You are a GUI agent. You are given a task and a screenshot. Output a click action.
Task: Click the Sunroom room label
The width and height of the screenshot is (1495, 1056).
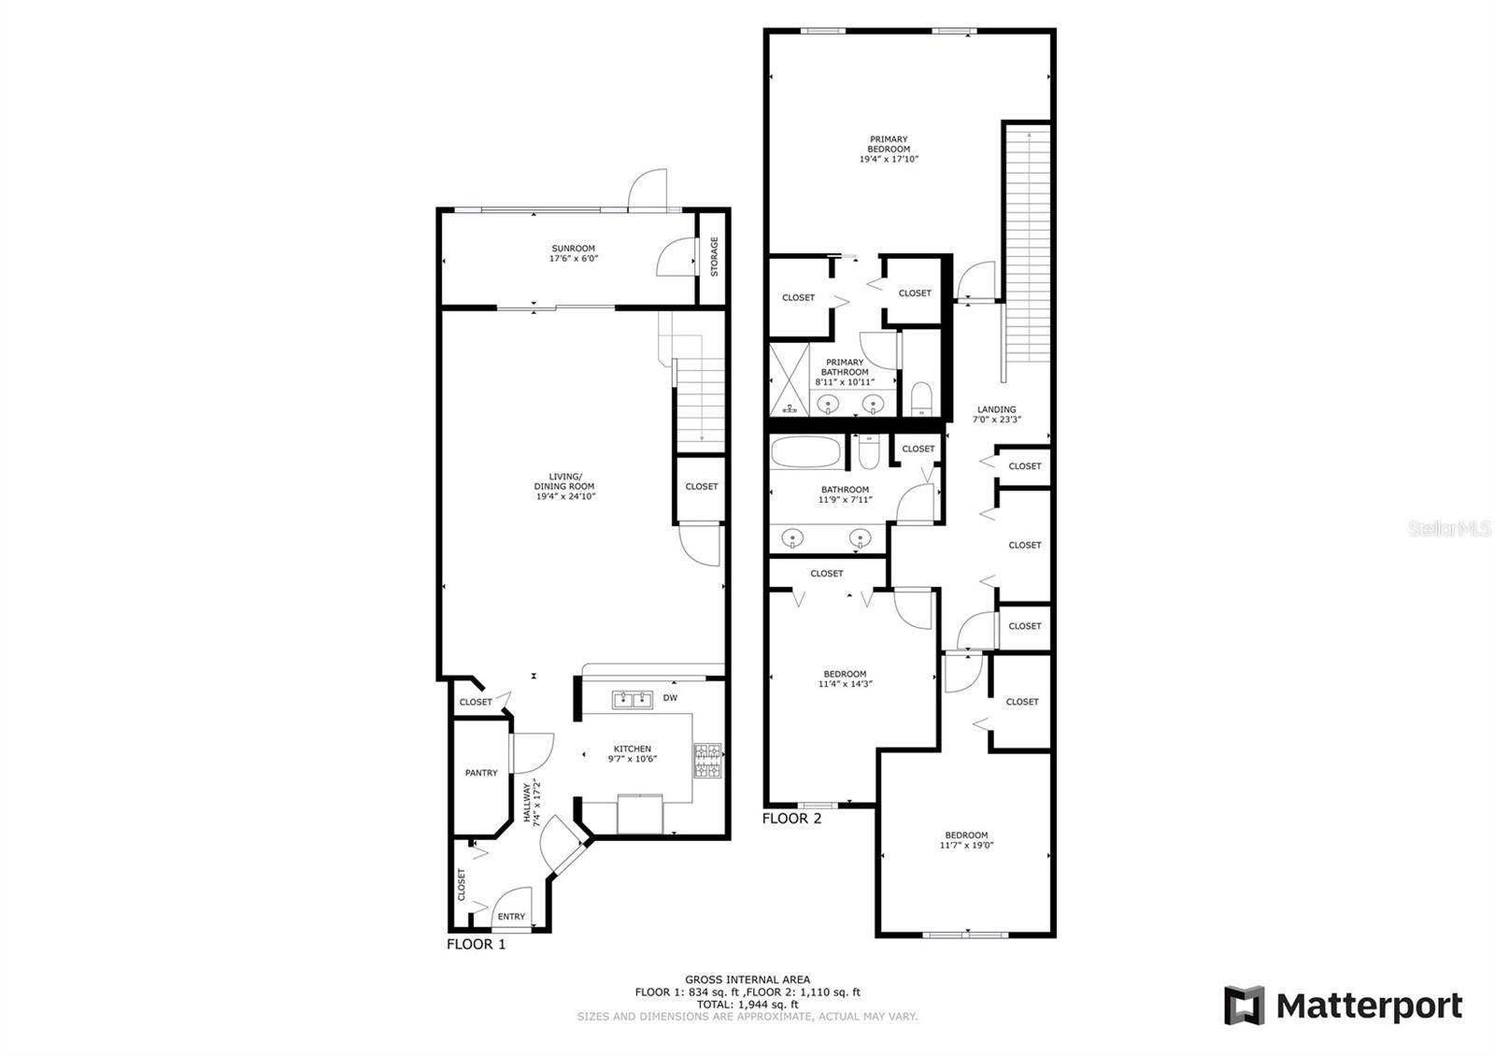tap(573, 249)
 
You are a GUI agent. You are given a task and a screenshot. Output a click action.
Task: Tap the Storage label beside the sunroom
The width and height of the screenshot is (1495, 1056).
tap(715, 256)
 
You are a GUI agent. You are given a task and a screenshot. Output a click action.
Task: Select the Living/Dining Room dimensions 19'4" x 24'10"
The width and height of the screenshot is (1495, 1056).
tap(564, 497)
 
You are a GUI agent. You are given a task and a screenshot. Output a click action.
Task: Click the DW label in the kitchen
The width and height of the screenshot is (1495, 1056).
tap(670, 698)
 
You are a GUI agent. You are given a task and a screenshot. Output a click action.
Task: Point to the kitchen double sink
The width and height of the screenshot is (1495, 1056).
tap(633, 700)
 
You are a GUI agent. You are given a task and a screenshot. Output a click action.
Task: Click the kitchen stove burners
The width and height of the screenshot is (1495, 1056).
tap(707, 760)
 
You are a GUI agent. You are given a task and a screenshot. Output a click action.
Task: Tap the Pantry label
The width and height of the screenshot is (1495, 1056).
tap(481, 773)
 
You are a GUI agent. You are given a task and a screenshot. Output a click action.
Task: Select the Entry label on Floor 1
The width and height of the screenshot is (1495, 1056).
tap(511, 917)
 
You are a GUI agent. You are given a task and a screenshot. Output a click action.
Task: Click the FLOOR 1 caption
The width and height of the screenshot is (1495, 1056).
tap(476, 944)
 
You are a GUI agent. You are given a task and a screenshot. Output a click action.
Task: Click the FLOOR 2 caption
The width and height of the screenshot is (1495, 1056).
tap(791, 819)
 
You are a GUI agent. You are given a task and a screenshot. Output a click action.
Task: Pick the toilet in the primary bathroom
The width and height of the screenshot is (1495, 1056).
tap(920, 399)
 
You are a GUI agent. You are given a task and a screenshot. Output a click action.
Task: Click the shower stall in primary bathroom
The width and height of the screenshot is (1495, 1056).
tap(788, 379)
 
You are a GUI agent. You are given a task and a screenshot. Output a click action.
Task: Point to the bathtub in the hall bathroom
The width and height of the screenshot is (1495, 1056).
tap(805, 455)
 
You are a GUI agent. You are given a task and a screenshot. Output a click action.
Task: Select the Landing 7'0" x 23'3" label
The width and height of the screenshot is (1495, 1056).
tap(996, 414)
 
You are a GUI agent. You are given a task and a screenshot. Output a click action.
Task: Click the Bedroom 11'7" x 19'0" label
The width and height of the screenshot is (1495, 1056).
tap(966, 840)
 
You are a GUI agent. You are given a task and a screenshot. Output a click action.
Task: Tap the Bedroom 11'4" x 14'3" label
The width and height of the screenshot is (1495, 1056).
tap(845, 678)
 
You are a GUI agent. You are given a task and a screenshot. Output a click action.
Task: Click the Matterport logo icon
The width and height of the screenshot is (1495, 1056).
tap(1244, 1006)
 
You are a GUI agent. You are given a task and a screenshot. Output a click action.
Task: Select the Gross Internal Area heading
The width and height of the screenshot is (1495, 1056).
tap(747, 979)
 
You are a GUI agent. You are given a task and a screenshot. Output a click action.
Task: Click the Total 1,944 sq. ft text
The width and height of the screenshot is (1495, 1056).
tap(747, 1005)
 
